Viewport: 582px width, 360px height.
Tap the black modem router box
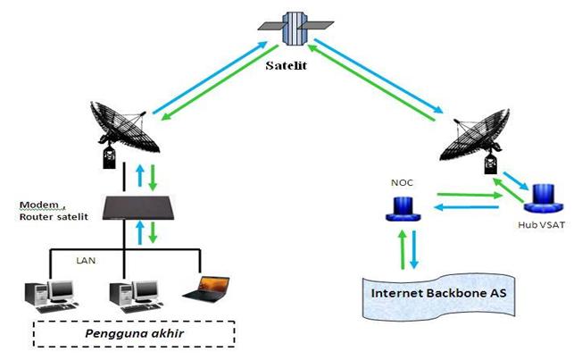(144, 207)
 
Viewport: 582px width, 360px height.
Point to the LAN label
(86, 261)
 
